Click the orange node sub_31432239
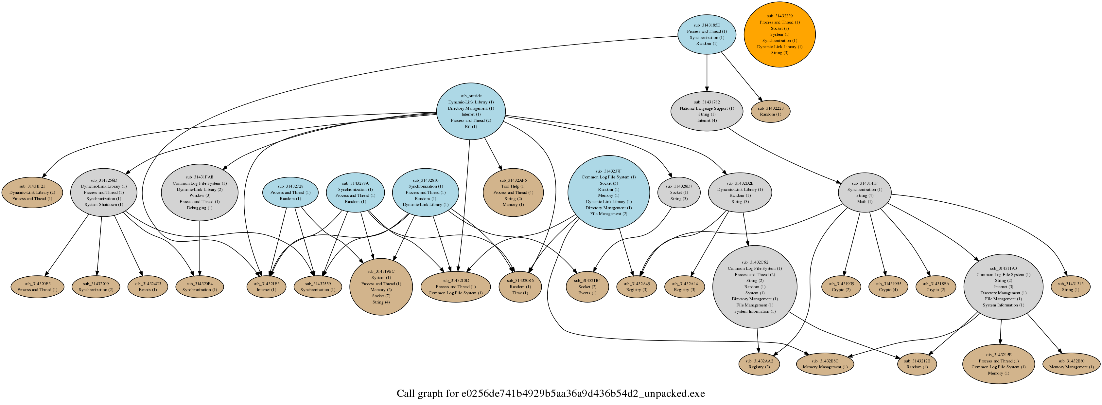779,34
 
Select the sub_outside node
471,111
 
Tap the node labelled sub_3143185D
707,34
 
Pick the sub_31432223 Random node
770,111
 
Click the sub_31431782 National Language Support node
707,111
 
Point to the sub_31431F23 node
32,192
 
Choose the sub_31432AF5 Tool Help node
513,192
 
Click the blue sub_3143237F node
608,192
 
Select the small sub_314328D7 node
679,192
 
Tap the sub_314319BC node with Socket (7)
381,286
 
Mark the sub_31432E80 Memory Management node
1071,364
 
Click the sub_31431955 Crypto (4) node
888,286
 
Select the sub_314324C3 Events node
148,286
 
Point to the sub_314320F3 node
37,286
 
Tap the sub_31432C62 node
755,286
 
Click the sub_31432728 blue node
290,192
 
